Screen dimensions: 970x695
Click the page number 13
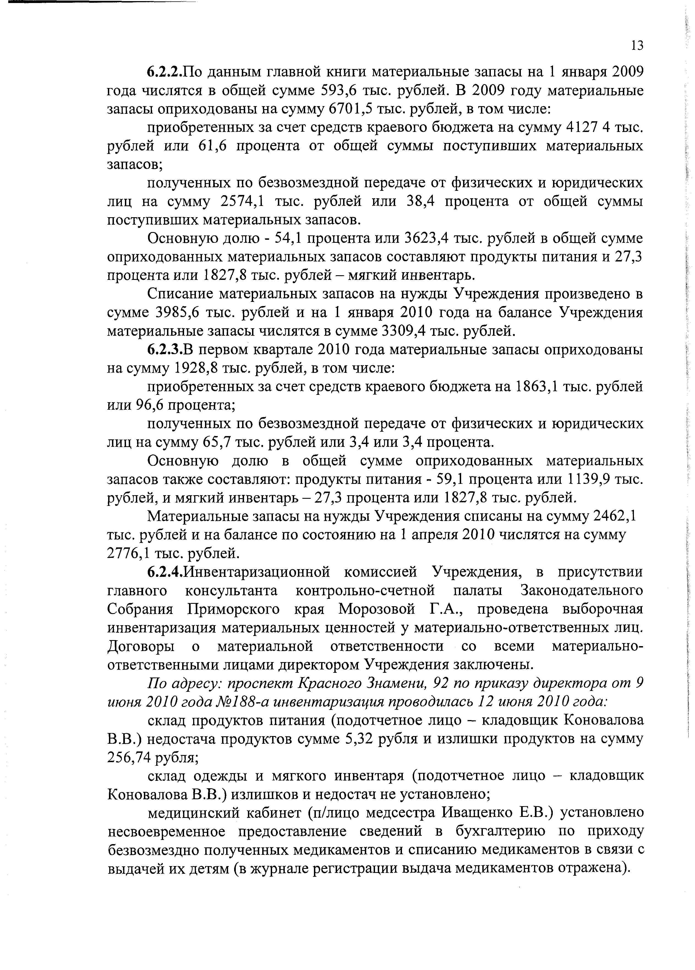(637, 45)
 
